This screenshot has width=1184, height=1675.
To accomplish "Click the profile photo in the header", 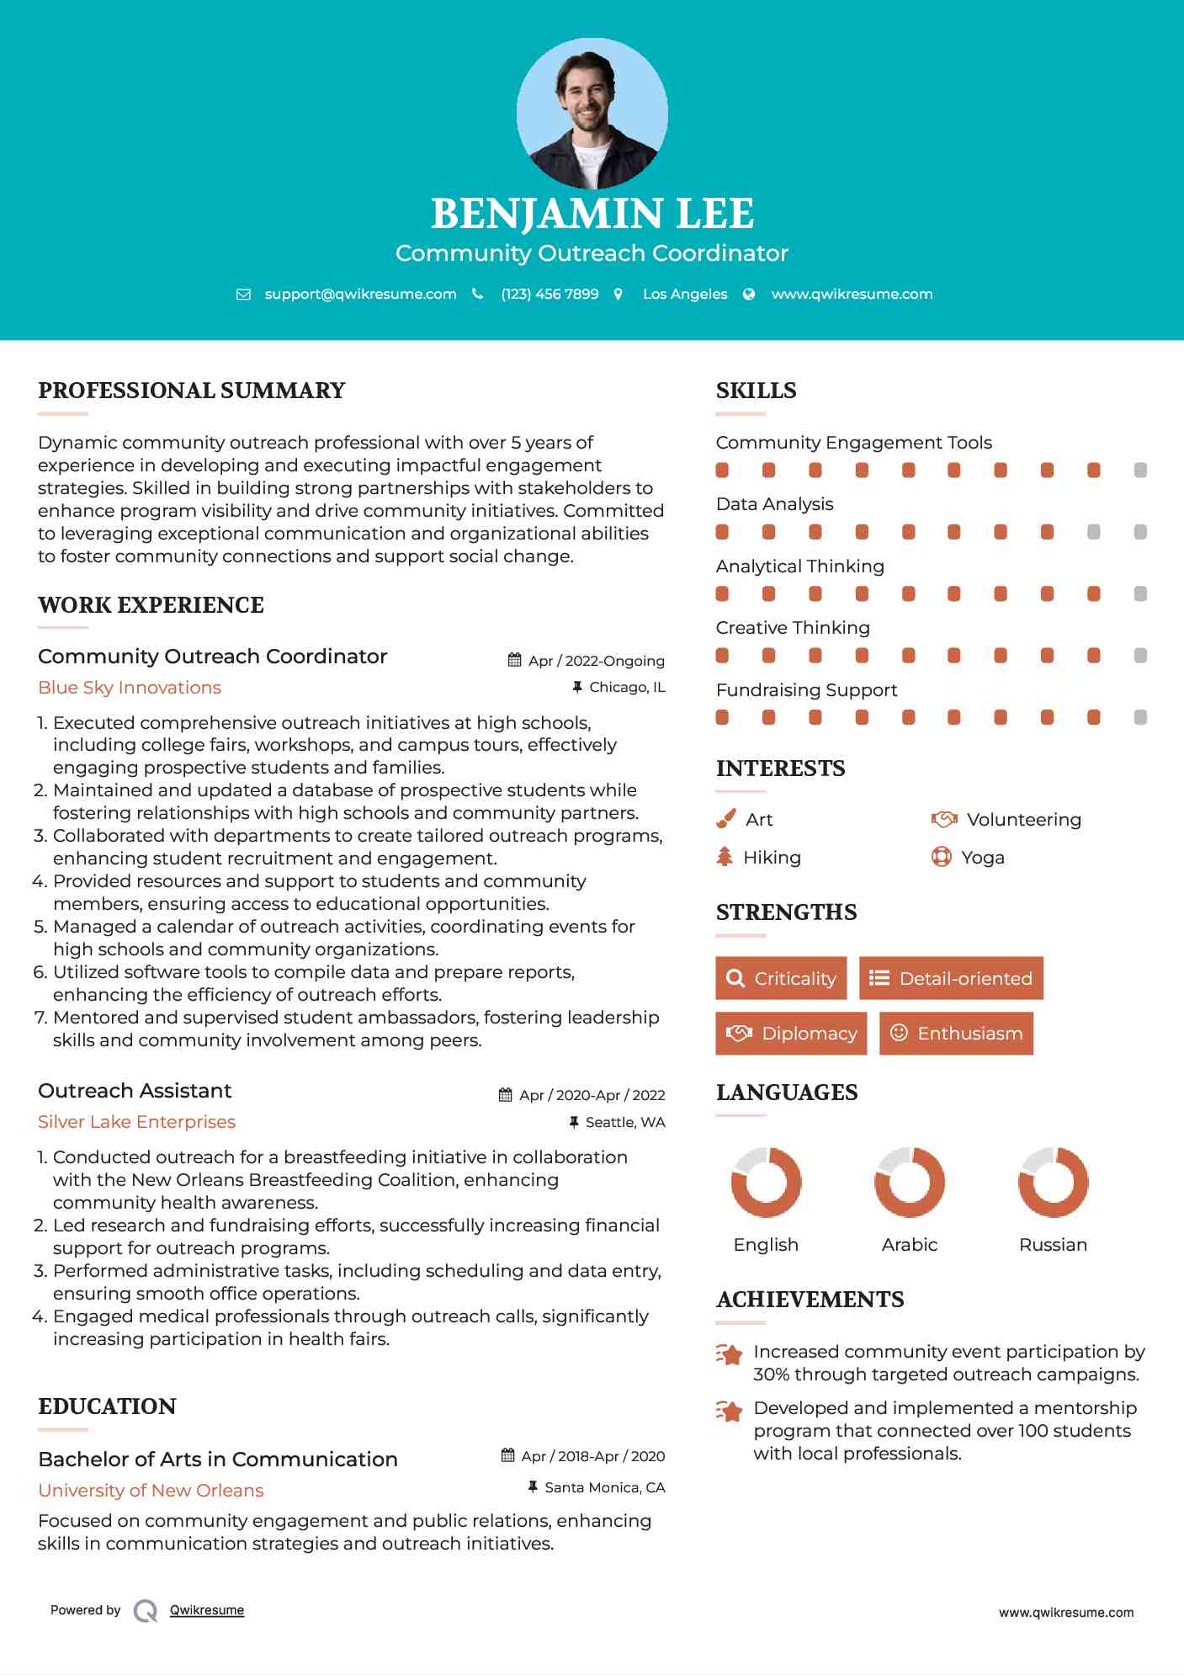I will pos(592,113).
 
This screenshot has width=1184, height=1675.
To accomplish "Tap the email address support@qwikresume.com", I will pos(360,294).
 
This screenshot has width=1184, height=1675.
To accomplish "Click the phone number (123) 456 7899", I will pos(550,294).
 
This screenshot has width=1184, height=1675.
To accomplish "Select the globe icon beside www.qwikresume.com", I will pos(749,294).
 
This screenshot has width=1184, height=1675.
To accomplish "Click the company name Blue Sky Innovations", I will pos(130,688).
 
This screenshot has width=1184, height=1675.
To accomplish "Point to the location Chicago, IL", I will pos(627,688).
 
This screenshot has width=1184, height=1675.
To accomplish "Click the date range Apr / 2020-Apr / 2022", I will pos(592,1095).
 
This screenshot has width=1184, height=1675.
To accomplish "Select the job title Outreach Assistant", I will pos(135,1091).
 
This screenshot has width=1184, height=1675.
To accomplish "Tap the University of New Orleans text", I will pos(151,1491).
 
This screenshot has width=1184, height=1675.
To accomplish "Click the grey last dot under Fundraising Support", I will pos(1140,717).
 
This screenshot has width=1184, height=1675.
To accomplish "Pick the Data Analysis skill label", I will pos(774,504).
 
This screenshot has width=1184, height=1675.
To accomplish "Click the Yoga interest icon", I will pos(941,857).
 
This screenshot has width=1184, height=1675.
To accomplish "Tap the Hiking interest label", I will pos(772,858).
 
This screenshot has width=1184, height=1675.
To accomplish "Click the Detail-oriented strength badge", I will pos(951,978).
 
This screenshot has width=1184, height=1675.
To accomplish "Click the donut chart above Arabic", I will pos(909,1182).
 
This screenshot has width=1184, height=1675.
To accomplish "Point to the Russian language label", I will pos(1053,1245).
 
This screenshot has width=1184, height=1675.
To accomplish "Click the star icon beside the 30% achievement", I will pos(729,1355).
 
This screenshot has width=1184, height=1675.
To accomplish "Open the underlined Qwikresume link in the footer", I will pos(207,1610).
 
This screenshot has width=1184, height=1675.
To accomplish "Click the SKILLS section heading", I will pos(756,391).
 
